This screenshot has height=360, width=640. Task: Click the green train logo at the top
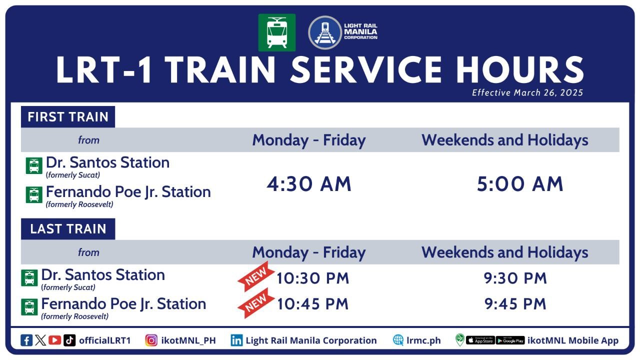(x=276, y=32)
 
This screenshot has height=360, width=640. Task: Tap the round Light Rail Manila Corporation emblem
(x=324, y=32)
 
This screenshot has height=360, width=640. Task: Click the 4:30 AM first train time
(x=309, y=184)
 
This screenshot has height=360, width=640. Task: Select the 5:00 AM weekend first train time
(x=520, y=184)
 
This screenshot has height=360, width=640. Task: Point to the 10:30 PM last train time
(x=312, y=278)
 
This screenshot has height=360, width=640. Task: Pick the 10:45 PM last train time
(x=312, y=304)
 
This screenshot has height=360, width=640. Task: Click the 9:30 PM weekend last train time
(x=515, y=278)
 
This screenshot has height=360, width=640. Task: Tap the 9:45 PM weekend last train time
(x=515, y=304)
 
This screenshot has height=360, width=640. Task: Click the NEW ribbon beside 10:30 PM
(x=256, y=276)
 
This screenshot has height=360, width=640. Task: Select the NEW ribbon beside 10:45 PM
(x=256, y=303)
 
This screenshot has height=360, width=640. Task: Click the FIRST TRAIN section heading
(x=68, y=117)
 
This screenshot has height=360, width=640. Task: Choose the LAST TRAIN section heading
(x=68, y=229)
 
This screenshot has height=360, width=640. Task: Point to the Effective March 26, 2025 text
(x=527, y=92)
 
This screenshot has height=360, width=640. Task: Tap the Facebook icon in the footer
(x=26, y=340)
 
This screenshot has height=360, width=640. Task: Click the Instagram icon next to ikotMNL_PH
(x=151, y=340)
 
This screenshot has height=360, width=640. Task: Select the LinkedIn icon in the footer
(x=236, y=340)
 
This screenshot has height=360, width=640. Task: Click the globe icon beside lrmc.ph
(x=398, y=340)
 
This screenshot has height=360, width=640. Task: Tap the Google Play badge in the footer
(x=510, y=340)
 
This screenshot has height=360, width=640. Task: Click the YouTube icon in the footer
(x=55, y=340)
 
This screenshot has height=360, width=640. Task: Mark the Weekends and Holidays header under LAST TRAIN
(x=504, y=252)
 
